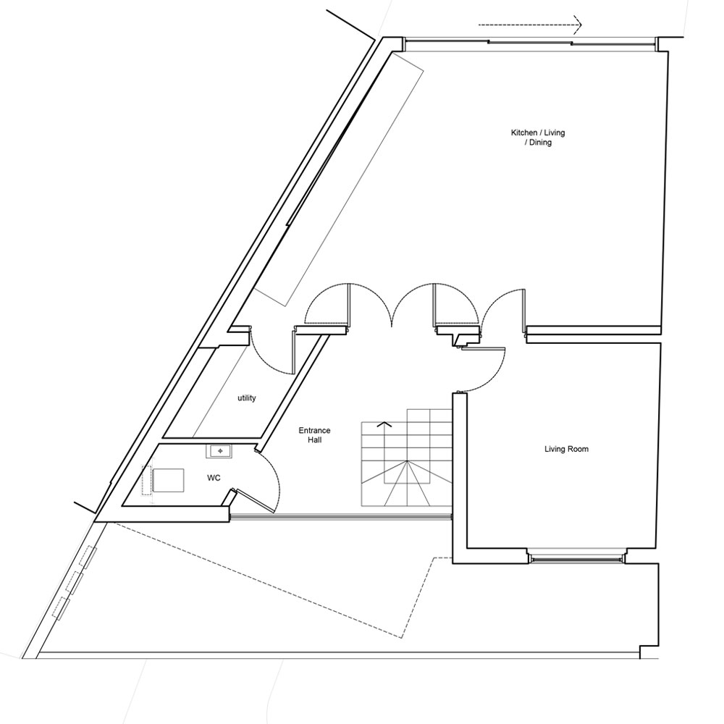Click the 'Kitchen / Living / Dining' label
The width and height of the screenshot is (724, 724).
pyautogui.click(x=538, y=138)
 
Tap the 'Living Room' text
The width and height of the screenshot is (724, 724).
pyautogui.click(x=566, y=449)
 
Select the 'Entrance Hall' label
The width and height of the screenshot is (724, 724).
pyautogui.click(x=314, y=435)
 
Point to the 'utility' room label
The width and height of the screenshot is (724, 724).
pyautogui.click(x=246, y=398)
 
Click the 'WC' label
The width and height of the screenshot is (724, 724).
pyautogui.click(x=214, y=478)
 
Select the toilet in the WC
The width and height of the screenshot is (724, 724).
pyautogui.click(x=167, y=480)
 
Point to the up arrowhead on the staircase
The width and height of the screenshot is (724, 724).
pyautogui.click(x=384, y=424)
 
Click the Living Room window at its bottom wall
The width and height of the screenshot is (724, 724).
pyautogui.click(x=575, y=557)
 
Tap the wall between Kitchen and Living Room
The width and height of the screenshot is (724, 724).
pyautogui.click(x=594, y=334)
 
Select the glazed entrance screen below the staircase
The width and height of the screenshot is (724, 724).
pyautogui.click(x=340, y=516)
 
